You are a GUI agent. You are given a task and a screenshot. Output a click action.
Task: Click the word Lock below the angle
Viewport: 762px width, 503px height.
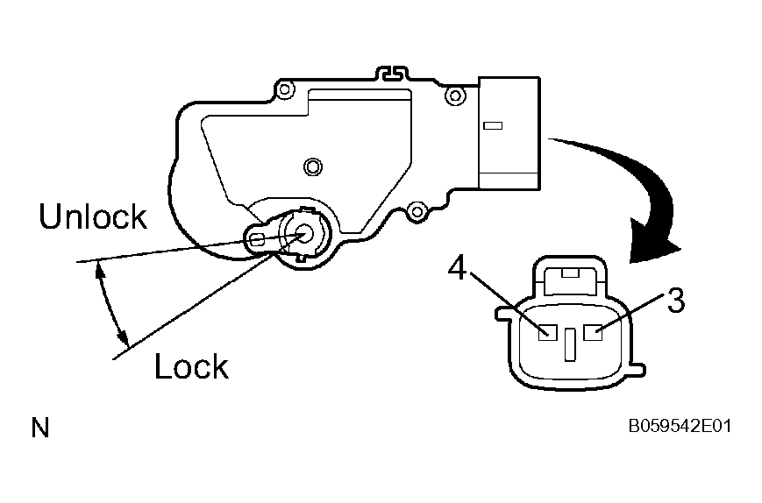click(191, 365)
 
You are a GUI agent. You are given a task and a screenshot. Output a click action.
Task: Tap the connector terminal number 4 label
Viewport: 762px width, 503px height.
click(458, 268)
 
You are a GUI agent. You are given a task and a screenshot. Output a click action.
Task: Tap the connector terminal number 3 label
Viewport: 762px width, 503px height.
click(676, 300)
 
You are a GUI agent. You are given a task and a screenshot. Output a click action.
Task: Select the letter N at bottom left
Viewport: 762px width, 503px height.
click(40, 428)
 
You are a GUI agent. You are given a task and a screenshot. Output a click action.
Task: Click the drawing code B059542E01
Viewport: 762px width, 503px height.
click(680, 426)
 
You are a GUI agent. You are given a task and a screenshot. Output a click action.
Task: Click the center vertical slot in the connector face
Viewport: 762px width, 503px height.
click(570, 344)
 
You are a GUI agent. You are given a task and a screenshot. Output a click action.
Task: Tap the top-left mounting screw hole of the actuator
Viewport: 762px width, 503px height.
click(285, 90)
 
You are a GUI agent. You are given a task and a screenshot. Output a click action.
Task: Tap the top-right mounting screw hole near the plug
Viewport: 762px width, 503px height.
click(455, 96)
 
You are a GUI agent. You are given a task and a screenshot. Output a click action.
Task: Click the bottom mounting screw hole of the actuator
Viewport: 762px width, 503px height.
click(417, 212)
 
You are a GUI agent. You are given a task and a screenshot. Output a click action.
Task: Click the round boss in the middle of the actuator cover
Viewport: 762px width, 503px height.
click(313, 166)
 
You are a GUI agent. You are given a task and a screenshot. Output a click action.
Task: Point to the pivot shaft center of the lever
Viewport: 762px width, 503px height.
click(304, 234)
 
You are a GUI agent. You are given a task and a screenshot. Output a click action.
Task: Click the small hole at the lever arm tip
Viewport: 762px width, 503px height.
click(259, 239)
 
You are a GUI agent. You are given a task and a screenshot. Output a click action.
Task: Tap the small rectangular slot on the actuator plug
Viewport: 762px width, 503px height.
click(493, 126)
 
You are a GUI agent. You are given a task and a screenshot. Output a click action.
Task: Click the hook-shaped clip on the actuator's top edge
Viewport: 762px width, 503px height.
click(393, 73)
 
